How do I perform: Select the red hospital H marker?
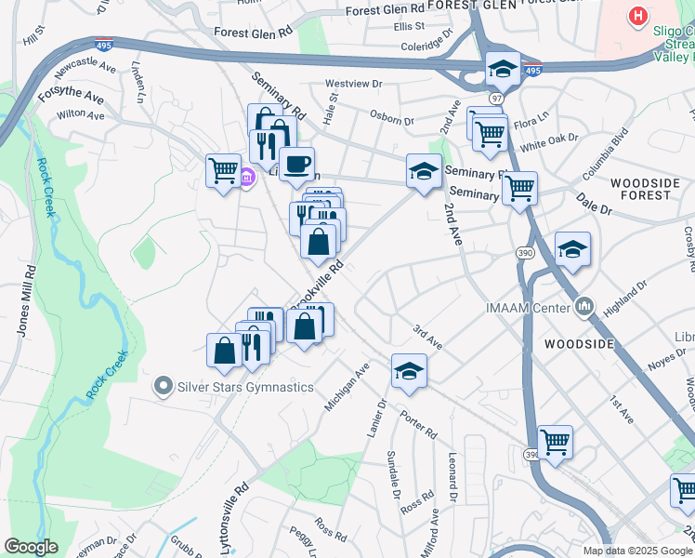coord(637,16)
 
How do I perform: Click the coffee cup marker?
coord(296,165)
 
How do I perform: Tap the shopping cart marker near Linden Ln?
coord(223,170)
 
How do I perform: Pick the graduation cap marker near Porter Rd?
coord(409,371)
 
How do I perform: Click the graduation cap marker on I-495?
coord(503,68)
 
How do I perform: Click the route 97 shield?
coord(497,98)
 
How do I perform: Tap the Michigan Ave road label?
coord(347,387)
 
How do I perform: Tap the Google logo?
coord(31,547)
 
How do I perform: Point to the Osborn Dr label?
coord(391,120)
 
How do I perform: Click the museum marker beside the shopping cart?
coord(246,178)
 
